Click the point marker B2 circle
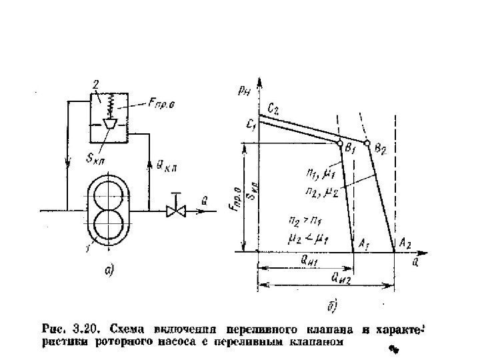tap(367, 142)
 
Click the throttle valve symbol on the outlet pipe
tap(175, 211)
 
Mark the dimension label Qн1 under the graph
tap(308, 261)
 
